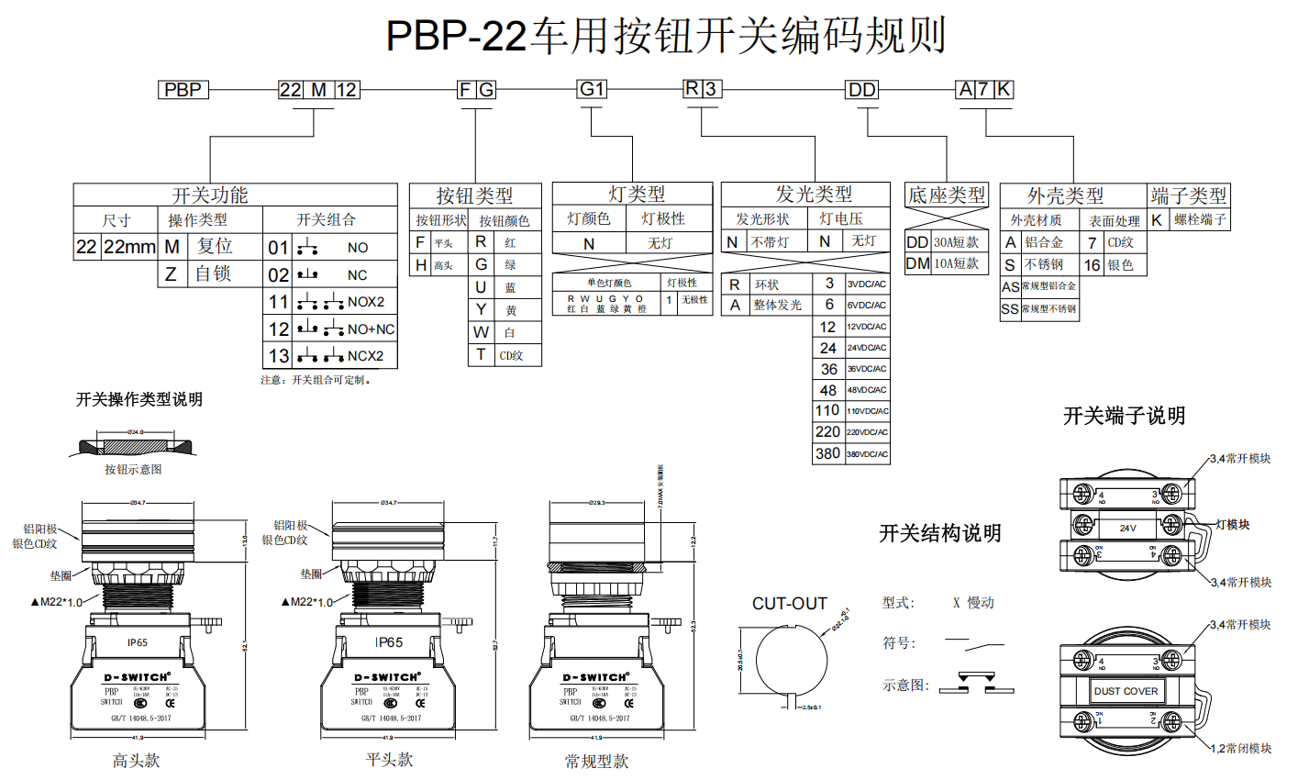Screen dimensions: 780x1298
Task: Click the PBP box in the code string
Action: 183,90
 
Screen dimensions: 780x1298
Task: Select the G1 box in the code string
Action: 592,89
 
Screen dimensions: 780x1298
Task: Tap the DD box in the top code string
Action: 862,90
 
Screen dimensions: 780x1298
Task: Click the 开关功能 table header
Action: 210,195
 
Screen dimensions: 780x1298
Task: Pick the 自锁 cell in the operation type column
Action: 214,274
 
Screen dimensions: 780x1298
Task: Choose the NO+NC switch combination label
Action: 371,329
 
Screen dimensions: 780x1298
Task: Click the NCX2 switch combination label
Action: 365,356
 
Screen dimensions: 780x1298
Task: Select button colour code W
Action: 481,332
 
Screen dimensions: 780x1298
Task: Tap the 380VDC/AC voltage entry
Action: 866,454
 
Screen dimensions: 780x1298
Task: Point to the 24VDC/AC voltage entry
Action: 866,348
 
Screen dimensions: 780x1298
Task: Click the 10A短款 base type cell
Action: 957,264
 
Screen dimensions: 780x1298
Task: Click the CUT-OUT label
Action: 790,603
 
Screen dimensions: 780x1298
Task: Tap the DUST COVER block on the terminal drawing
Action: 1126,691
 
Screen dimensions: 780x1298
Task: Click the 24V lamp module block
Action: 1128,528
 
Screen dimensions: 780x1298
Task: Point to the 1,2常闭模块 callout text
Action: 1240,749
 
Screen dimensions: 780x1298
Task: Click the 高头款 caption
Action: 136,761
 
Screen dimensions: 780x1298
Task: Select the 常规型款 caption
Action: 596,761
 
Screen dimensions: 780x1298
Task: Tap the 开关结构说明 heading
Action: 939,533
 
